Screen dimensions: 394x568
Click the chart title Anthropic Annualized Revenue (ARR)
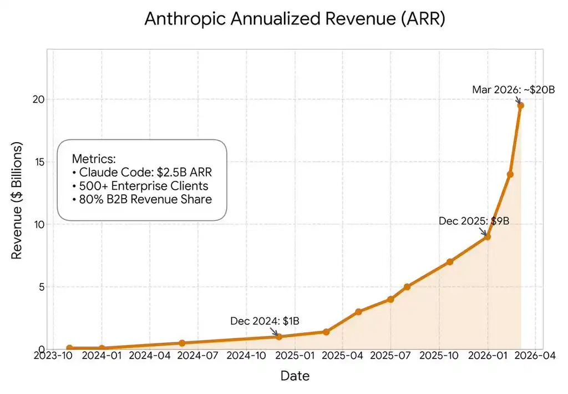coord(295,19)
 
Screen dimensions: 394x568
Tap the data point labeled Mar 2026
coord(521,105)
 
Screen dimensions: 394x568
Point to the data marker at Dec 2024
coord(279,336)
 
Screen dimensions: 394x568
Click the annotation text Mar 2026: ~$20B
coord(513,89)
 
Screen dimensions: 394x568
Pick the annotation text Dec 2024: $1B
coord(265,321)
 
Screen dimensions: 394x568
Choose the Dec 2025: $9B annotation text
coord(474,221)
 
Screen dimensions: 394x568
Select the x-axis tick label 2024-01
coord(102,355)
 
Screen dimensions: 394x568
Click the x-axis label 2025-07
coord(390,355)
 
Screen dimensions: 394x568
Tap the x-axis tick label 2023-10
coord(54,355)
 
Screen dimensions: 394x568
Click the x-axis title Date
coord(295,376)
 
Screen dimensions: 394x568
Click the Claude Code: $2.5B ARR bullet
coord(142,172)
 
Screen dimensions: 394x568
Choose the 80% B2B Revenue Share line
coord(142,199)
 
